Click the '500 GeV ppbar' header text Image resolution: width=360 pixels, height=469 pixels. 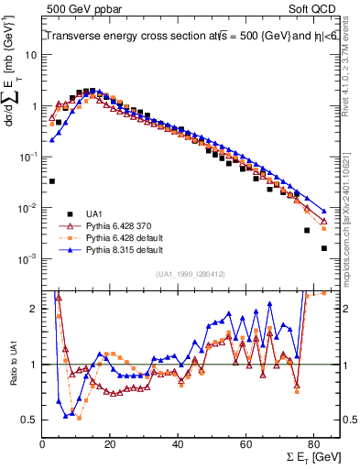81,8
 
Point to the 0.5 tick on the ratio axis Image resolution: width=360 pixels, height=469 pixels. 29,420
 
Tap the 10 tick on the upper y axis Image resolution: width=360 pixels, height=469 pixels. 31,55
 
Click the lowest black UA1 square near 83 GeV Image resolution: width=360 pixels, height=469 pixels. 323,248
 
